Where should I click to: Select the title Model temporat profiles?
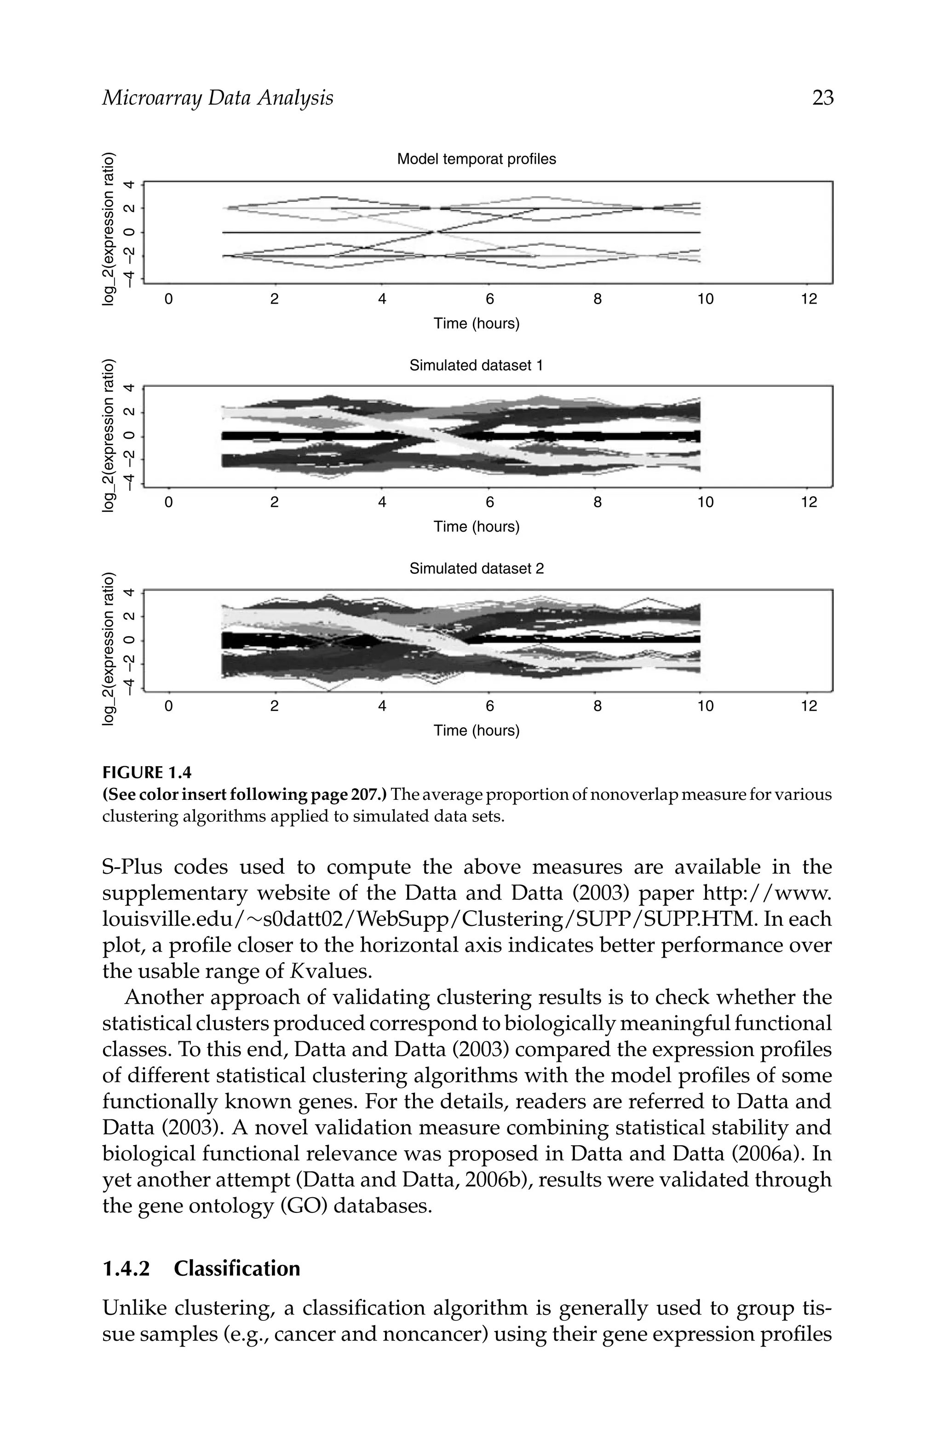tap(476, 159)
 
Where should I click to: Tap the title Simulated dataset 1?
tap(476, 366)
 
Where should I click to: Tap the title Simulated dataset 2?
tap(476, 568)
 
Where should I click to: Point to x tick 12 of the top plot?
tap(809, 299)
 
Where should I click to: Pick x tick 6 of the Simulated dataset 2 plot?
tap(489, 706)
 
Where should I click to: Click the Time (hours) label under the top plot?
tap(476, 323)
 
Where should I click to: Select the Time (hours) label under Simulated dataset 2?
tap(476, 730)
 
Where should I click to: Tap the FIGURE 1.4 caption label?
tap(146, 773)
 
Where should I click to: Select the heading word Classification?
tap(237, 1268)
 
